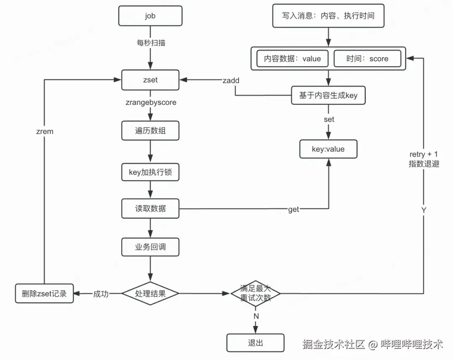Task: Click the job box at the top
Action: point(151,16)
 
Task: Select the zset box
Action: point(151,80)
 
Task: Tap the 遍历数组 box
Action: point(151,131)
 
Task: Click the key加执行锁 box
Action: point(151,172)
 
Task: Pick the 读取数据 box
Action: point(151,208)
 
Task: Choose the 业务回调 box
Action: point(151,247)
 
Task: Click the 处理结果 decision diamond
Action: point(151,293)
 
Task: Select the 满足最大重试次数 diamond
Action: point(255,293)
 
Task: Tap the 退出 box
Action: point(255,343)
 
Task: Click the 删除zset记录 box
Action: point(44,293)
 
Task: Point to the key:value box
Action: point(328,149)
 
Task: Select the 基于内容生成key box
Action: point(328,96)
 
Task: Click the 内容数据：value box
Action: point(292,59)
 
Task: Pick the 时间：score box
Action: point(367,59)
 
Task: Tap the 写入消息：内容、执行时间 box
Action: point(328,16)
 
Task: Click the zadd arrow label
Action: point(231,80)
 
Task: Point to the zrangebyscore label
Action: point(151,102)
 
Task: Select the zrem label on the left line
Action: point(45,131)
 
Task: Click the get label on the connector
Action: point(294,209)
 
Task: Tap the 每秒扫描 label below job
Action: point(151,43)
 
